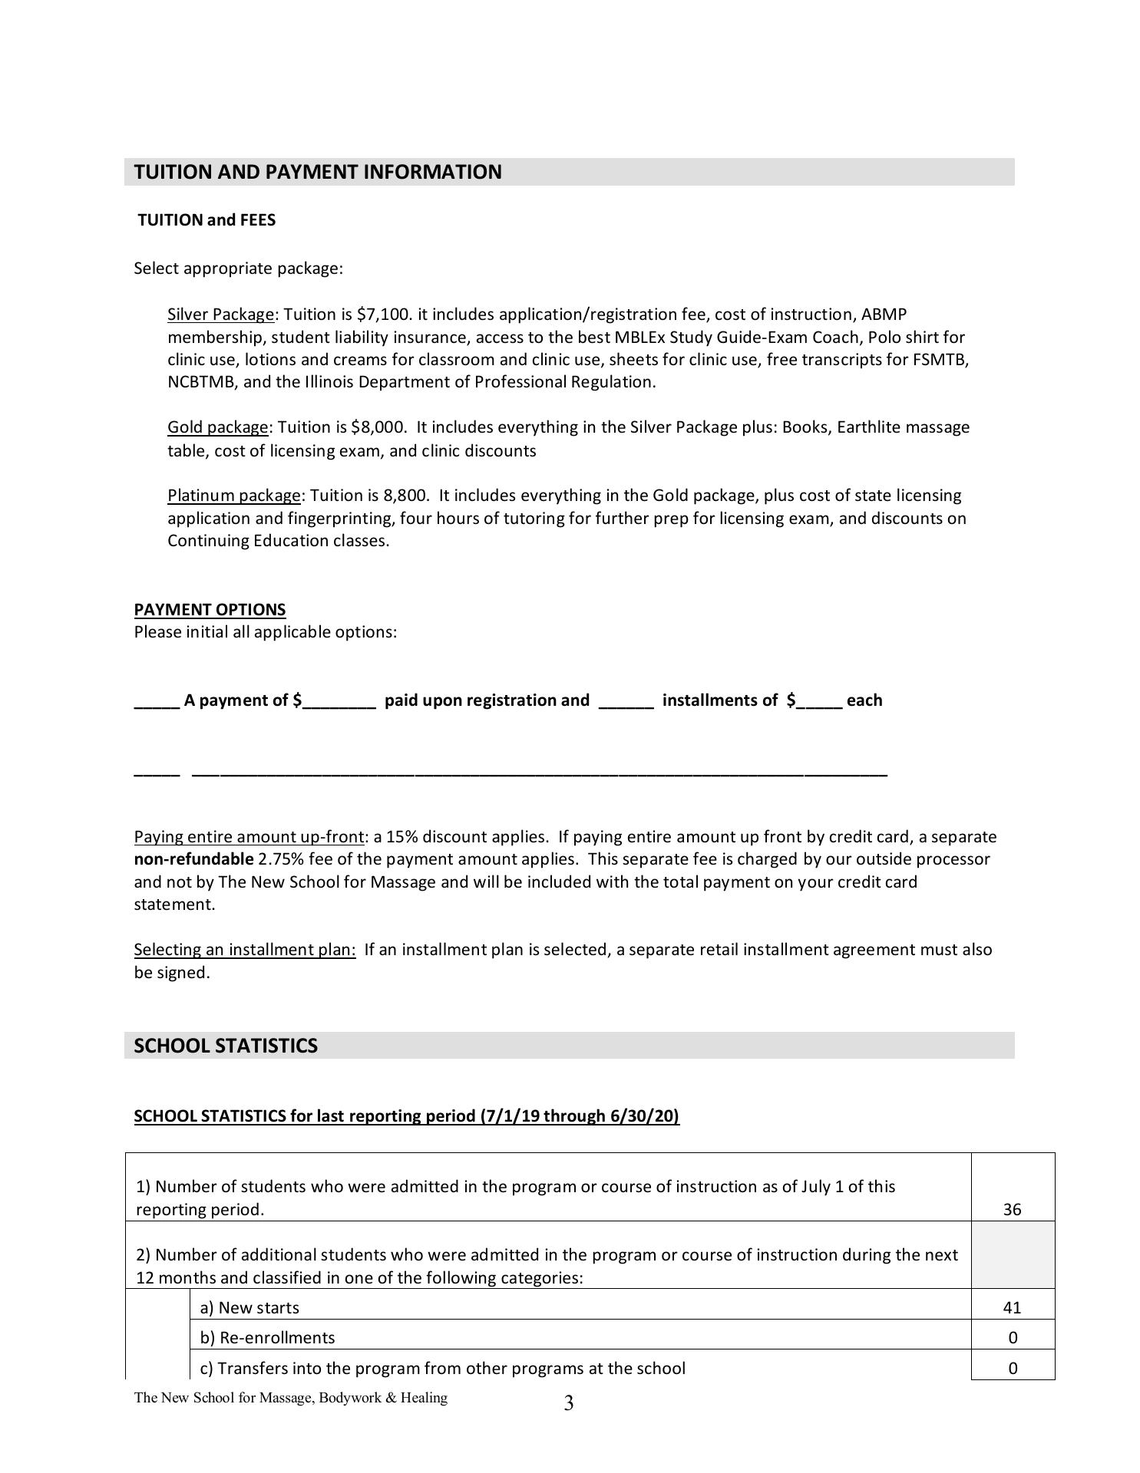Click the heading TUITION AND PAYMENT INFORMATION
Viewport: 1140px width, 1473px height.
click(318, 172)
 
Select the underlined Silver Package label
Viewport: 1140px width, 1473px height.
click(220, 315)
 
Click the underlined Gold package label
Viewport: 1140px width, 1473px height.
click(217, 427)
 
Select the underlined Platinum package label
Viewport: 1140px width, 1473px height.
click(233, 496)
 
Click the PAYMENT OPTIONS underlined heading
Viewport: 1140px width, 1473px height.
click(210, 610)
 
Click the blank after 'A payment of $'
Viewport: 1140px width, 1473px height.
click(339, 701)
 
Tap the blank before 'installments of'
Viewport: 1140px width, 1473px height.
click(626, 701)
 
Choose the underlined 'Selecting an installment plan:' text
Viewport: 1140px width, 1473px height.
click(245, 950)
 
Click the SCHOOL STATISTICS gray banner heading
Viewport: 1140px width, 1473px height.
click(226, 1046)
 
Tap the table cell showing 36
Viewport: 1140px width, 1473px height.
click(1012, 1210)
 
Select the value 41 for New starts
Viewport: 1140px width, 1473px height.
click(1012, 1308)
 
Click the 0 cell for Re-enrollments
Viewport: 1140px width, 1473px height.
click(1013, 1338)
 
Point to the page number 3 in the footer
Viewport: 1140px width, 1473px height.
click(568, 1404)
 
